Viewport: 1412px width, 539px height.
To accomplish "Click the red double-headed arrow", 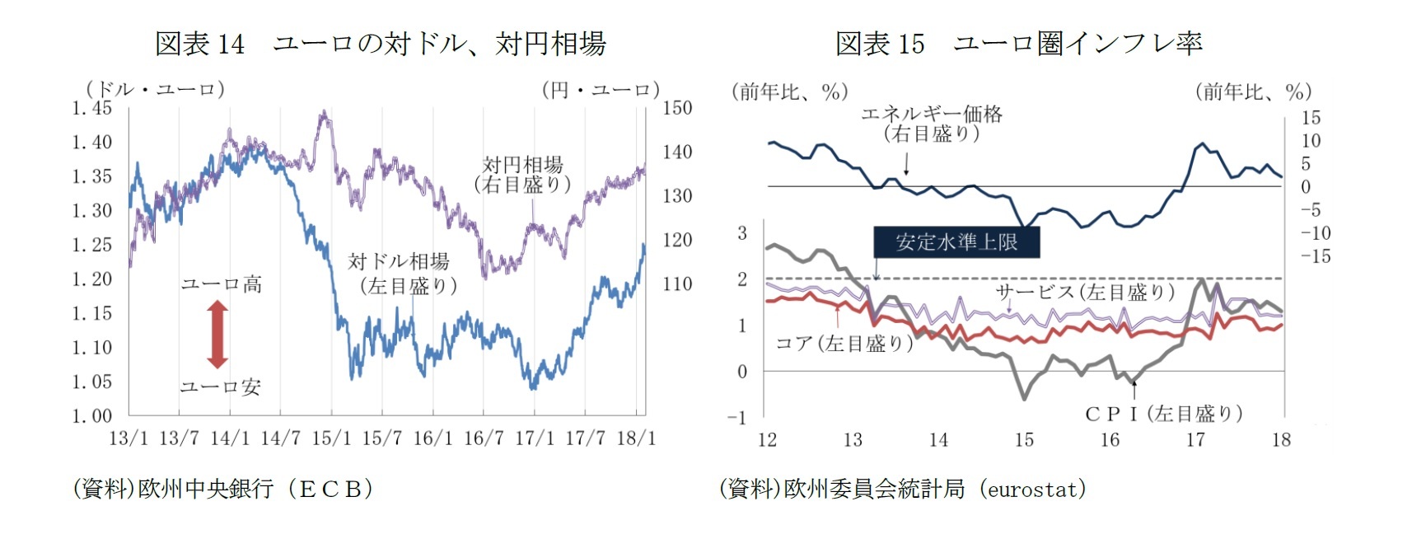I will [217, 334].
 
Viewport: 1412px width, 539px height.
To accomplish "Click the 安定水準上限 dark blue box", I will [956, 241].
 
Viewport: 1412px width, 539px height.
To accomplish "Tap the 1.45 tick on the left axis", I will [91, 108].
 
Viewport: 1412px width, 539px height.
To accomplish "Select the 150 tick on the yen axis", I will [677, 108].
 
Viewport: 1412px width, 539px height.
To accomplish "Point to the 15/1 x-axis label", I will [331, 438].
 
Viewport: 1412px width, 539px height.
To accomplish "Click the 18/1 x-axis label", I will [636, 438].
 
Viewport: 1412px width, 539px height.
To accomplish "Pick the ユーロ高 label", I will [221, 284].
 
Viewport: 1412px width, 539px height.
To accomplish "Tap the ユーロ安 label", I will [221, 387].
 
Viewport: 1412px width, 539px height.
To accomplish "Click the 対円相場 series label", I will [522, 174].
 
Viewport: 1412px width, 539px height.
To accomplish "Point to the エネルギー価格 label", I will [932, 123].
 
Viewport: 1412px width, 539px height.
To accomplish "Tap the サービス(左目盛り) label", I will [1084, 291].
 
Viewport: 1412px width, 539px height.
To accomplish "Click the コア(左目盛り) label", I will [844, 343].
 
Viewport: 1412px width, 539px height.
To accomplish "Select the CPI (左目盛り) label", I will [1163, 413].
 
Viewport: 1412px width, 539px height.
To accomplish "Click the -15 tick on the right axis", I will [1315, 256].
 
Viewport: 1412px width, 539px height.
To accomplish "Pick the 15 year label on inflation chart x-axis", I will [1024, 439].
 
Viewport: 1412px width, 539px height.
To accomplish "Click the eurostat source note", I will [902, 489].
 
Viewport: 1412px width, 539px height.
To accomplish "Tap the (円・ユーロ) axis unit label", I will [601, 89].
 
